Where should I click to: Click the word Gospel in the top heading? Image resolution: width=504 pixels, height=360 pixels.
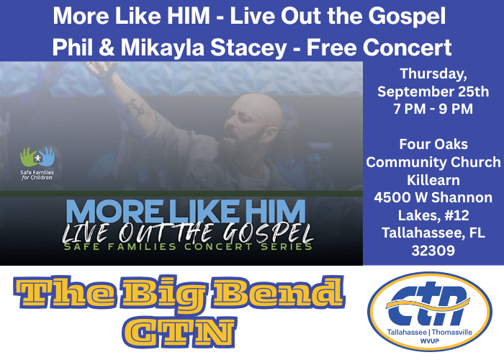coord(407,16)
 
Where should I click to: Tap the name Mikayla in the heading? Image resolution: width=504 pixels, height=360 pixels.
coord(163,48)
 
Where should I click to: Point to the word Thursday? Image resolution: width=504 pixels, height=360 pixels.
coord(433,74)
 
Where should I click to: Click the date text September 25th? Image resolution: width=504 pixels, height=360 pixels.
coord(433,91)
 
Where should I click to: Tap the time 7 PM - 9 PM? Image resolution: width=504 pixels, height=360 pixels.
coord(433,109)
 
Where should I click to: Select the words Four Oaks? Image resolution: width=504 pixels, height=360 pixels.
coord(433,144)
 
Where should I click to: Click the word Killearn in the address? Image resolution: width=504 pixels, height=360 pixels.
coord(433,180)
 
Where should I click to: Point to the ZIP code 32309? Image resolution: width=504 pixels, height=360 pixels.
coord(433,251)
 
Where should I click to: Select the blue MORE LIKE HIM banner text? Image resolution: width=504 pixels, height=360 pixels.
coord(186,211)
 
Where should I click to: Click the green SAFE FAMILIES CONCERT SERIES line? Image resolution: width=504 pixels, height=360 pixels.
coord(188,246)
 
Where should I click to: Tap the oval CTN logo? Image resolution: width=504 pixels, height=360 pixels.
coord(430,312)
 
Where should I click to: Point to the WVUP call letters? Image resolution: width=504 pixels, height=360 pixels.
coord(429,341)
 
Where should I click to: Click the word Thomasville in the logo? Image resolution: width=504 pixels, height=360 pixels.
coord(452,332)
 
